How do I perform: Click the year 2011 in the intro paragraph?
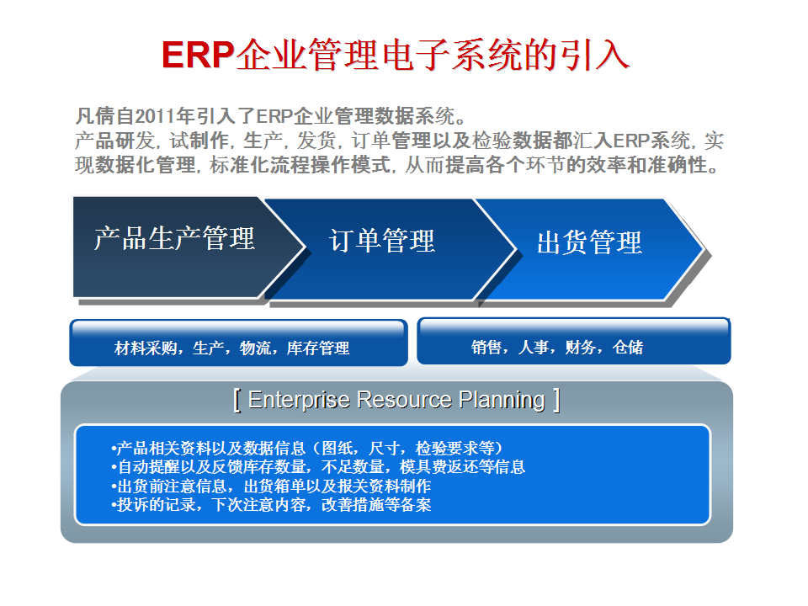pos(154,116)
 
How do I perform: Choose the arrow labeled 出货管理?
pos(593,249)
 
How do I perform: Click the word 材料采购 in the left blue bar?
pos(146,348)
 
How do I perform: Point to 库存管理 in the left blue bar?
pos(318,348)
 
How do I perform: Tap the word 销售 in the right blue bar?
pos(486,348)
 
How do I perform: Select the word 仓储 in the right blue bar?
pos(628,348)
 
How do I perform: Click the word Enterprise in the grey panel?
pos(299,400)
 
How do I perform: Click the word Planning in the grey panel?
pos(502,401)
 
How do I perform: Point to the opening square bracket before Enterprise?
pos(237,401)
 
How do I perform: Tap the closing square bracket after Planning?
pos(556,401)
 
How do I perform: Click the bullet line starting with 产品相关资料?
pos(307,448)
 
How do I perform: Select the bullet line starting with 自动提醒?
pos(318,467)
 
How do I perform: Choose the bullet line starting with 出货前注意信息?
pos(271,486)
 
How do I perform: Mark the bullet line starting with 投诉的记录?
pos(271,504)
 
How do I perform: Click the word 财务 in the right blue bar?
pos(580,348)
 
